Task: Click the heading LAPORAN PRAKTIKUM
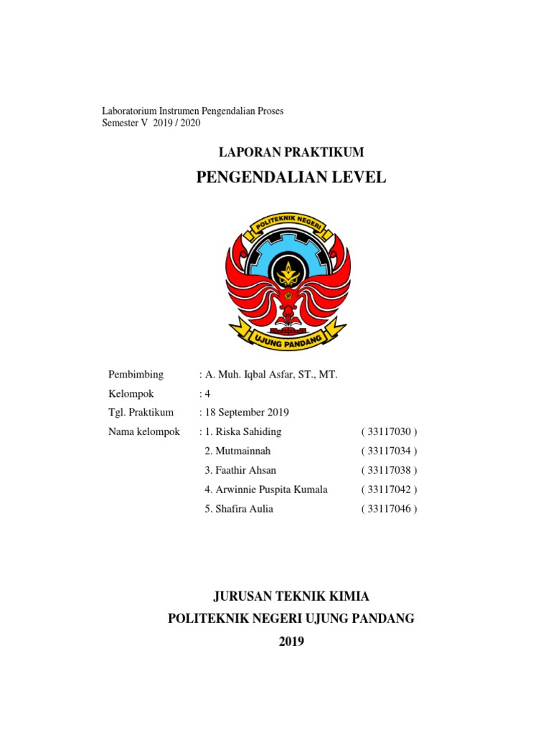[x=291, y=152]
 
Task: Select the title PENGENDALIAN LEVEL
[x=291, y=177]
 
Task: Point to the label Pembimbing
[x=136, y=375]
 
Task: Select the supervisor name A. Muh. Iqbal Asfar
[x=271, y=375]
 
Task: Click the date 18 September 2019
[x=247, y=412]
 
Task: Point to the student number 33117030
[x=389, y=431]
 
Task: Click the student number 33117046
[x=389, y=509]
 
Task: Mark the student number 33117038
[x=389, y=470]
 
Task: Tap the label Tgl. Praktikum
[x=141, y=412]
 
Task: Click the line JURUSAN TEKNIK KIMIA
[x=291, y=596]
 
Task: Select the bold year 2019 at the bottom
[x=291, y=642]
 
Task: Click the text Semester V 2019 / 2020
[x=151, y=123]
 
